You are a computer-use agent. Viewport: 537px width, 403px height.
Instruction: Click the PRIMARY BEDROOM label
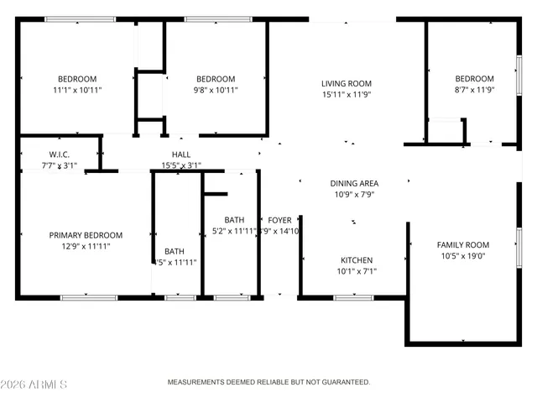tap(86, 235)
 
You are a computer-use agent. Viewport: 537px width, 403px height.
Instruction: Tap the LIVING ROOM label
tap(346, 83)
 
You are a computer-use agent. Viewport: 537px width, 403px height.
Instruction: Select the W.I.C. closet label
tap(58, 154)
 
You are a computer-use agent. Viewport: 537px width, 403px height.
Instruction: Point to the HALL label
tap(180, 154)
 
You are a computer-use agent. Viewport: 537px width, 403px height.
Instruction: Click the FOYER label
tap(279, 220)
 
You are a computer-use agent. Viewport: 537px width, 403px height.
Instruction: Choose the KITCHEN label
tap(356, 260)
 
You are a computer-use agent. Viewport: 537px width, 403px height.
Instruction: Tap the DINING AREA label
tap(353, 183)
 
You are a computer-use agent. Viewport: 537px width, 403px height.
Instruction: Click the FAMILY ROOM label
tap(462, 245)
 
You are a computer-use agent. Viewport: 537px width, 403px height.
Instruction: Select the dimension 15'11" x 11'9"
tap(346, 95)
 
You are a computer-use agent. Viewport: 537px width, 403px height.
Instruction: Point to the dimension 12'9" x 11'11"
tap(86, 247)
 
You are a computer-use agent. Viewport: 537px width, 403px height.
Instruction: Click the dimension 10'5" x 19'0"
tap(462, 256)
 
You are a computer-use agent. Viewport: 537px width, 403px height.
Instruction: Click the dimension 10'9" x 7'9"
tap(353, 194)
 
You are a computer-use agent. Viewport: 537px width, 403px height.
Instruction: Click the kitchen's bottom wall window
tap(353, 297)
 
